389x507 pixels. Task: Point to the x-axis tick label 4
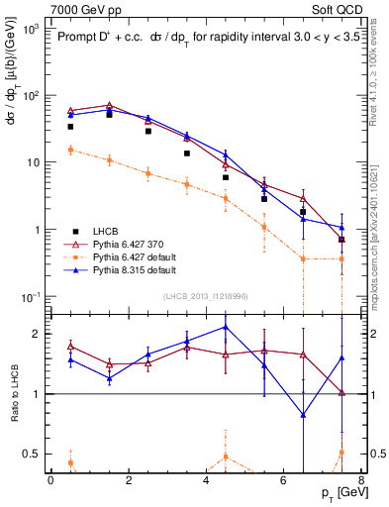tap(206, 481)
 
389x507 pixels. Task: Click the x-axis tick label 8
tap(361, 481)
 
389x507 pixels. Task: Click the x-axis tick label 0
tap(50, 481)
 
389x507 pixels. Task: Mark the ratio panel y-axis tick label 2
tap(37, 334)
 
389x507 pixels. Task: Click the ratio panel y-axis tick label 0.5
tap(33, 454)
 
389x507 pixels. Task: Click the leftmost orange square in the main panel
tap(70, 150)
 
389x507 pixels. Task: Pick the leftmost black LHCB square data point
tap(70, 127)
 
